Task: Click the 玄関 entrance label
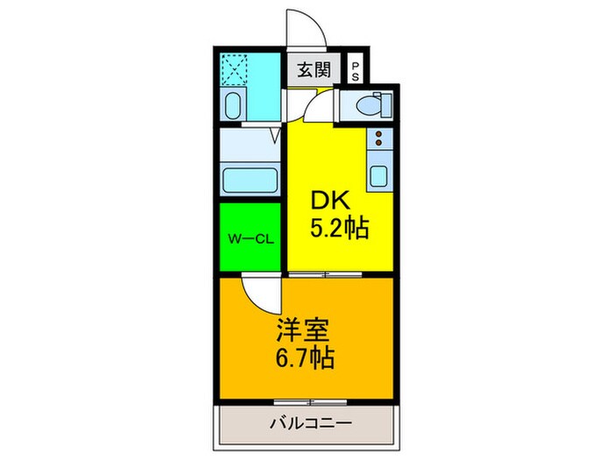(x=309, y=70)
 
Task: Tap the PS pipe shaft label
(x=356, y=72)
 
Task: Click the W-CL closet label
(x=250, y=237)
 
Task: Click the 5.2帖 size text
(x=340, y=230)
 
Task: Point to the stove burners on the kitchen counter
(x=379, y=138)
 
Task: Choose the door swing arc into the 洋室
(x=259, y=293)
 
